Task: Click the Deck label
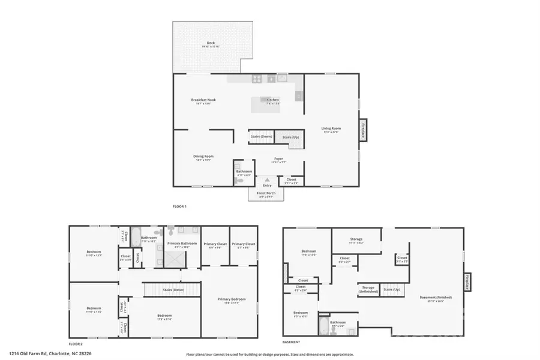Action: pos(211,43)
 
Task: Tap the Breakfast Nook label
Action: pos(203,100)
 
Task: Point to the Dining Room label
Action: pos(203,157)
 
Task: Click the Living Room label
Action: pos(331,128)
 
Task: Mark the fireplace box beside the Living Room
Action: pos(363,130)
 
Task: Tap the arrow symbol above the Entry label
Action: pos(268,179)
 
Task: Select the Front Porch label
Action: pos(266,193)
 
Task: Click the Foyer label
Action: pos(278,158)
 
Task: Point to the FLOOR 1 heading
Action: pos(180,206)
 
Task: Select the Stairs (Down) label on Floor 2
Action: pos(172,289)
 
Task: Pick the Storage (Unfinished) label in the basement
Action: pos(368,289)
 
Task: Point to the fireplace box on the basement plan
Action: pos(467,282)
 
